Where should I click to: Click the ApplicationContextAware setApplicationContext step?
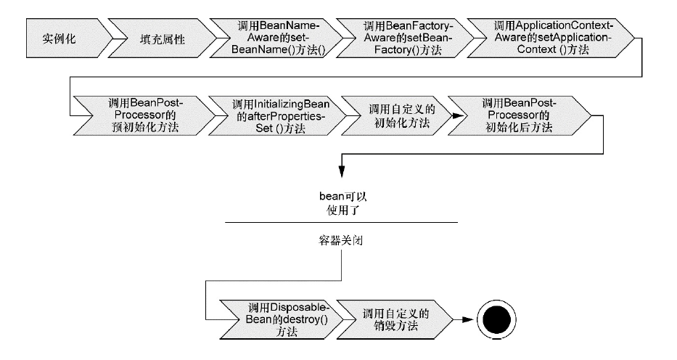pos(544,38)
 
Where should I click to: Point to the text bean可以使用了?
pos(340,202)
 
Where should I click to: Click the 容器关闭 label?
pos(340,240)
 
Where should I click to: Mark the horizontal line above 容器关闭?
pos(340,222)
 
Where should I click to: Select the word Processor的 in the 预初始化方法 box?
pos(141,115)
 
